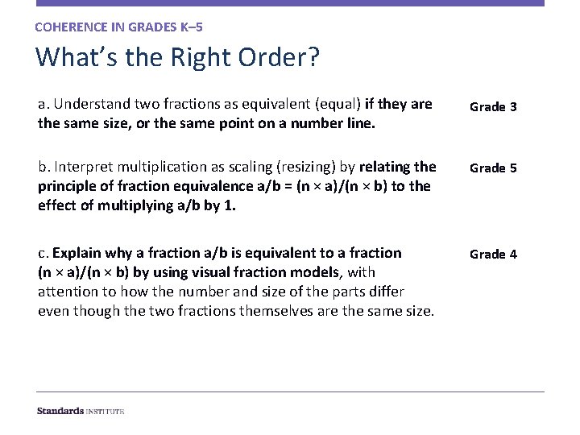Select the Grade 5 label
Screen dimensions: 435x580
[493, 168]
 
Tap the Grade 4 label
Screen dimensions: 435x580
[493, 255]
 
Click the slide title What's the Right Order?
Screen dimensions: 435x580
[177, 58]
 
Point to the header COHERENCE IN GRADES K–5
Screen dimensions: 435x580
[118, 27]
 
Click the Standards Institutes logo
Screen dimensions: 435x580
[81, 411]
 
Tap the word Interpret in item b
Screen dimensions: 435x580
[81, 167]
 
